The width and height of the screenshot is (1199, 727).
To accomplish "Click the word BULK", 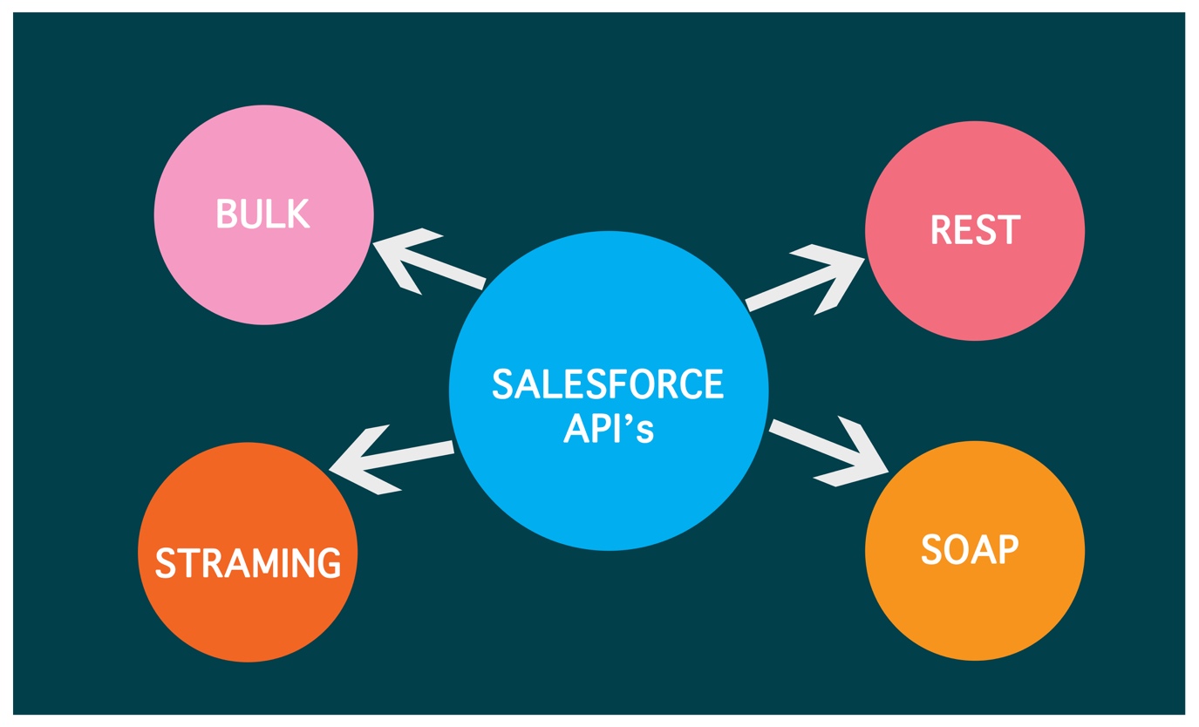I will click(x=263, y=214).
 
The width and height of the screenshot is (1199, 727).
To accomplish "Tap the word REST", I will click(x=975, y=229).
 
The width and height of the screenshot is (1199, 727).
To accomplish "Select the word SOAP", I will click(x=970, y=549).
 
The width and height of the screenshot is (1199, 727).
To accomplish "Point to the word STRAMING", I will click(x=248, y=562).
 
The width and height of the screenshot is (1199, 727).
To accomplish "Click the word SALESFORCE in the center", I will click(x=608, y=384).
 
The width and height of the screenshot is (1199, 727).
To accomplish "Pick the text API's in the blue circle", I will click(x=608, y=429).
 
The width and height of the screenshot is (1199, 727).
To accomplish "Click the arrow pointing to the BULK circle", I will click(x=427, y=262).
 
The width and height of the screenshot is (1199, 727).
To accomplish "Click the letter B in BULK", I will click(x=226, y=214).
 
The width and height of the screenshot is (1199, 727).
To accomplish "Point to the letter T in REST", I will click(x=1009, y=229).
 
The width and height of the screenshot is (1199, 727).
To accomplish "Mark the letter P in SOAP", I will click(x=1007, y=549).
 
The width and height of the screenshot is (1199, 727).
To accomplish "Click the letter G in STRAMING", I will click(x=329, y=562).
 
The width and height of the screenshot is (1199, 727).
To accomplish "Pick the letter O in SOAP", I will click(x=956, y=549).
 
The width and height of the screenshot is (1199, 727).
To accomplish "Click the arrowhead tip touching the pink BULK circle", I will click(x=375, y=244).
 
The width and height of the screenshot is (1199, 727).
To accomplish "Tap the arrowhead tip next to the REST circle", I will click(x=862, y=259).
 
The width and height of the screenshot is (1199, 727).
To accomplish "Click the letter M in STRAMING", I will click(x=265, y=562).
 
